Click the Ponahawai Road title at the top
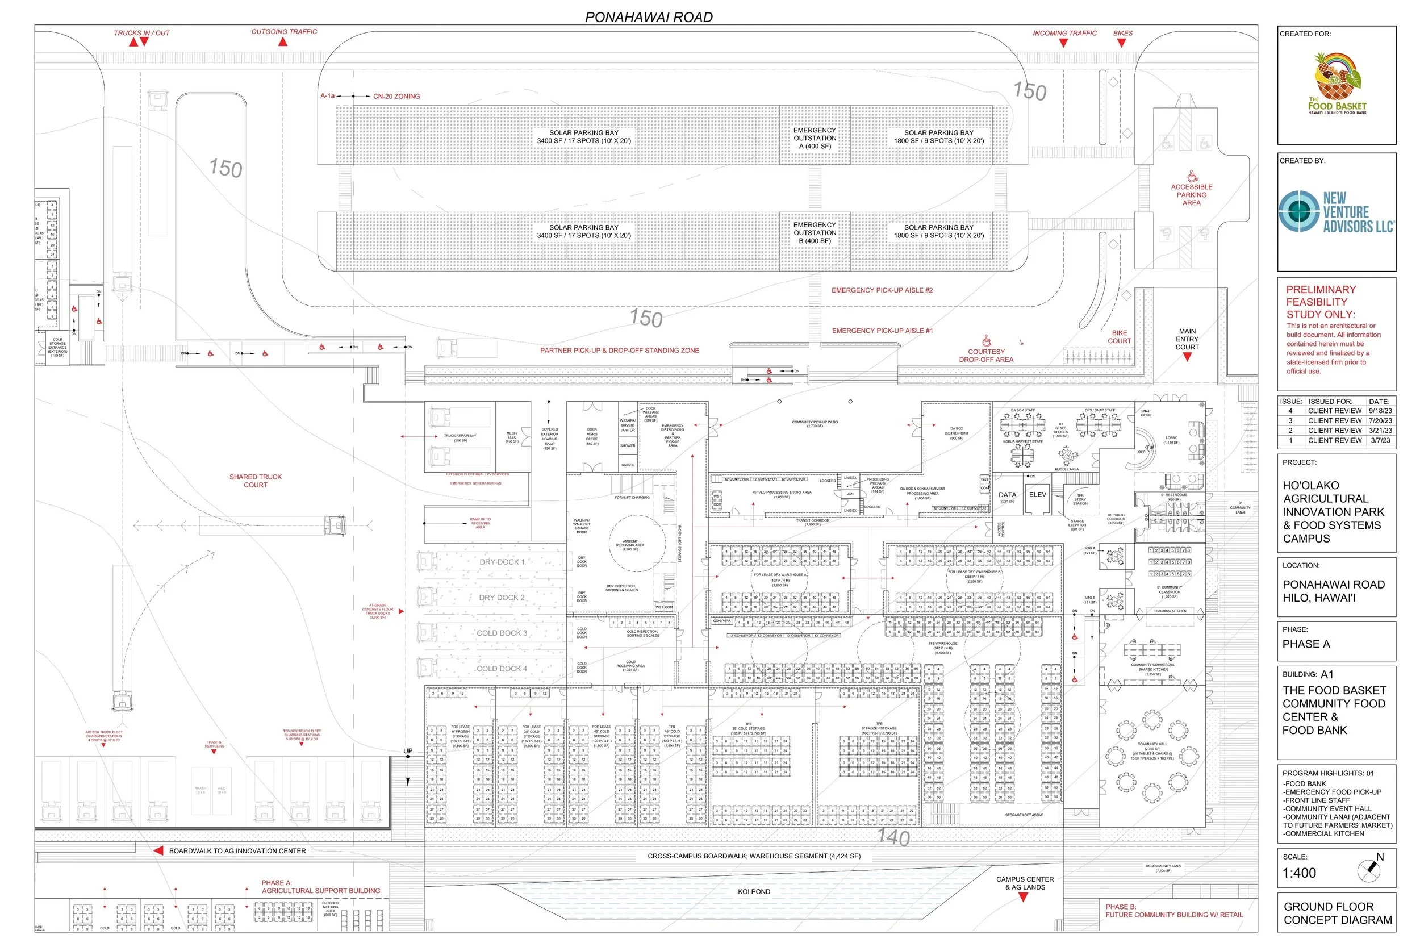click(x=649, y=17)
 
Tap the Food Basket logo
click(x=1337, y=84)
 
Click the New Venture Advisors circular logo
click(x=1300, y=211)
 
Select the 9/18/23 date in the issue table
click(x=1380, y=411)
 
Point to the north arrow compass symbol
click(x=1368, y=870)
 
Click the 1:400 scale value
click(x=1299, y=873)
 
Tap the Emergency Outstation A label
click(x=815, y=138)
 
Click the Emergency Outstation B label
click(x=815, y=233)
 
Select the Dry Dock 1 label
click(x=502, y=562)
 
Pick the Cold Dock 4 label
click(x=502, y=669)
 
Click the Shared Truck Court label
click(x=256, y=481)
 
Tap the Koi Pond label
click(x=754, y=891)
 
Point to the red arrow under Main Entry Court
click(x=1187, y=357)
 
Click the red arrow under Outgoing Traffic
click(x=282, y=41)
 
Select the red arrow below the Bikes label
click(x=1121, y=43)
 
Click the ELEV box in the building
click(x=1037, y=495)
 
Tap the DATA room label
click(x=1007, y=495)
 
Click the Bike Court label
click(x=1120, y=337)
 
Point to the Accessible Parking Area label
click(x=1191, y=195)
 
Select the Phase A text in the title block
click(x=1306, y=644)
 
